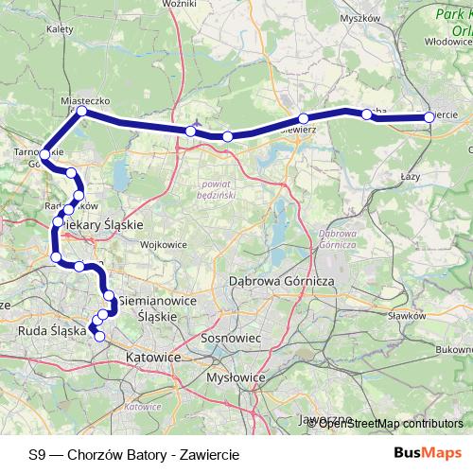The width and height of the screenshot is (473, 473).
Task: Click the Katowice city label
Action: [x=152, y=359]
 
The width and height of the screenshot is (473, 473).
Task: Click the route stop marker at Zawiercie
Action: [x=429, y=117]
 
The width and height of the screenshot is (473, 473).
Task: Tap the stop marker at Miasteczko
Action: [x=82, y=112]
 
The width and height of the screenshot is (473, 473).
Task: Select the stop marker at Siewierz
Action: [x=304, y=119]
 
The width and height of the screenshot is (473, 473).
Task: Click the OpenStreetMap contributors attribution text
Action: [x=392, y=423]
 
